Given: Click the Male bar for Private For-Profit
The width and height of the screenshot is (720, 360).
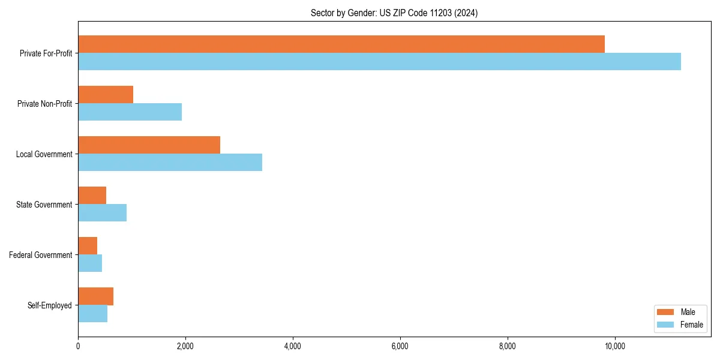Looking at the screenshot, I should (x=341, y=44).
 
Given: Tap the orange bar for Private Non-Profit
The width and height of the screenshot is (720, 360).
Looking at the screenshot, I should (x=106, y=95).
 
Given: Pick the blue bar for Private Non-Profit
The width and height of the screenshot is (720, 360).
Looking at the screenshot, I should (x=130, y=112).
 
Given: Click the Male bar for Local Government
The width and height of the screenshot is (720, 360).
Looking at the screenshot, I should (x=149, y=145).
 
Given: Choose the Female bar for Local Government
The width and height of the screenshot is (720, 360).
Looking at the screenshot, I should (x=170, y=163).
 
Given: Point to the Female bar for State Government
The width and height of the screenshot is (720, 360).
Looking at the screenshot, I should (x=102, y=213).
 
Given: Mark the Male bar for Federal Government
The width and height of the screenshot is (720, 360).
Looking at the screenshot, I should (x=88, y=246).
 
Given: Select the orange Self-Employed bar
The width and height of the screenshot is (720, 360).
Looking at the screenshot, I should (x=95, y=296).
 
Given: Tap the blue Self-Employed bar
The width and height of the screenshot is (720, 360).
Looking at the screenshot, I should (x=92, y=314).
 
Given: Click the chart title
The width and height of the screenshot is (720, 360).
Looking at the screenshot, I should (x=394, y=13).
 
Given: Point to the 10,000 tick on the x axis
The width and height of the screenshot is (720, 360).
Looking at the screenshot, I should (x=614, y=346).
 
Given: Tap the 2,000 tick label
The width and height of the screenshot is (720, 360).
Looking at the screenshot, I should (x=185, y=346).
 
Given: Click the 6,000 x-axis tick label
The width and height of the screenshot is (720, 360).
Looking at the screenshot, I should (x=400, y=346).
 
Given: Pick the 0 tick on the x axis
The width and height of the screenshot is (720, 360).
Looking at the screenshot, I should (x=78, y=346).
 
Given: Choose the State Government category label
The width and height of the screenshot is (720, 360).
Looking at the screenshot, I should (x=44, y=205).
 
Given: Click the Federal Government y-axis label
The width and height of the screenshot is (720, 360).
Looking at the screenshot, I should (x=40, y=255).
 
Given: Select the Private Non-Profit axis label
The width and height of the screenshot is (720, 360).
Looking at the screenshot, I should (x=44, y=104).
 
